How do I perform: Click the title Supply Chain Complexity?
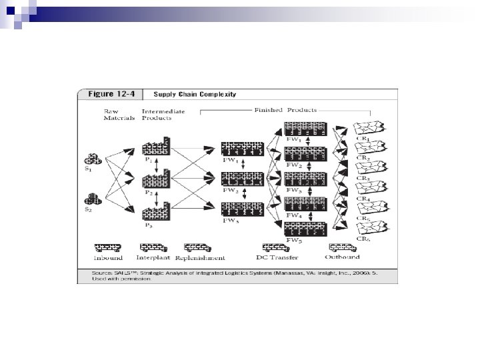[x=196, y=95]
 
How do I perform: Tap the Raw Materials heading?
[x=119, y=114]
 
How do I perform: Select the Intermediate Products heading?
[x=157, y=114]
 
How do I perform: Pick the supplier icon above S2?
[x=93, y=199]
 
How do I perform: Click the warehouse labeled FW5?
[x=304, y=227]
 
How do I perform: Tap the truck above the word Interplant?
[x=154, y=248]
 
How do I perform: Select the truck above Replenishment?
[x=198, y=248]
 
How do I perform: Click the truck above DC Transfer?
[x=276, y=248]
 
